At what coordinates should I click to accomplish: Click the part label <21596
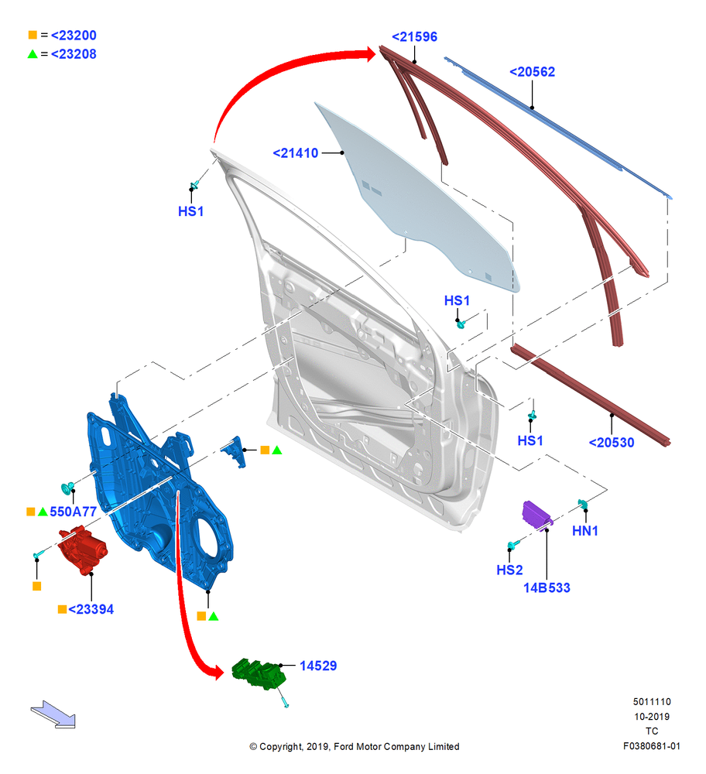coord(414,36)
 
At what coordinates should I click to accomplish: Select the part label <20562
coord(532,71)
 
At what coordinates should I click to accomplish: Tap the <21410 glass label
coord(295,153)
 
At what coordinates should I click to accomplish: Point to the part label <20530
coord(612,442)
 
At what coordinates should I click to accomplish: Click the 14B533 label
coord(547,587)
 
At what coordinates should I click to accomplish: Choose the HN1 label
coord(585,531)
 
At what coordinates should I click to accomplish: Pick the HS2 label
coord(509,570)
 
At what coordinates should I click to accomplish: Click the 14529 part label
coord(318,666)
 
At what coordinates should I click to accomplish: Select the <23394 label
coord(91,609)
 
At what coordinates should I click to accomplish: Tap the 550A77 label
coord(73,512)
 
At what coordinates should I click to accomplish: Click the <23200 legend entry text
coord(74,35)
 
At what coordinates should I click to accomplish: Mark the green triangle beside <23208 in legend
coord(33,54)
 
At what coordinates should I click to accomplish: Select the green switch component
coord(259,674)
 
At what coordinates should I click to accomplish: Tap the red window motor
coord(82,549)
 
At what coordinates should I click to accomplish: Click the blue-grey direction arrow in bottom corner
coord(53,714)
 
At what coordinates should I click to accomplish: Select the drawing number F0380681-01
coord(651,746)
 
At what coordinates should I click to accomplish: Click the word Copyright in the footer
coord(280,746)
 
